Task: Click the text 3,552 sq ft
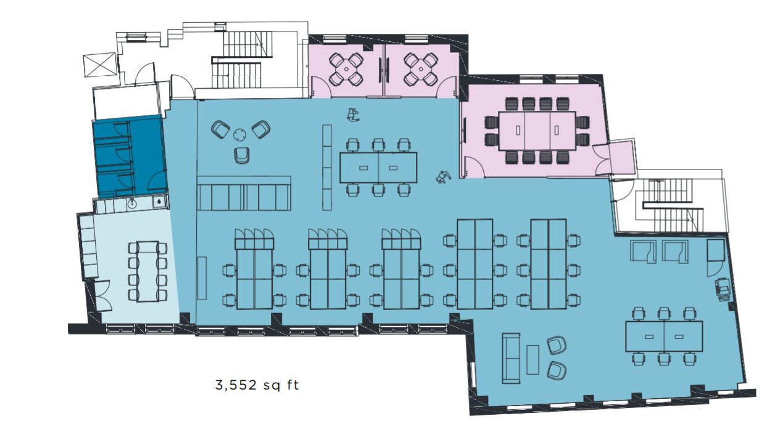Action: (x=257, y=385)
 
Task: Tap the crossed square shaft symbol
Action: (x=99, y=65)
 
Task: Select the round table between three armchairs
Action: (x=239, y=134)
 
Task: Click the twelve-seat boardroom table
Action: (x=537, y=130)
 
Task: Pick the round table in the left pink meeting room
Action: (x=346, y=69)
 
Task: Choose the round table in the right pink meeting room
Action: (x=420, y=69)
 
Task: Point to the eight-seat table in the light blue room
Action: (x=147, y=271)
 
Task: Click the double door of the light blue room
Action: (x=102, y=296)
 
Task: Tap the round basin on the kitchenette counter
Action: (x=132, y=204)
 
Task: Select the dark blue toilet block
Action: (x=130, y=157)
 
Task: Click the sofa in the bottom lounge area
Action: (x=511, y=358)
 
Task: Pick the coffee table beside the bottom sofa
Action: (x=533, y=359)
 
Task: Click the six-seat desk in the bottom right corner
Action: (x=664, y=337)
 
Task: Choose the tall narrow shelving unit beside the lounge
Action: (x=326, y=167)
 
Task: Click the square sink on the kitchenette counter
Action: (x=159, y=202)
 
